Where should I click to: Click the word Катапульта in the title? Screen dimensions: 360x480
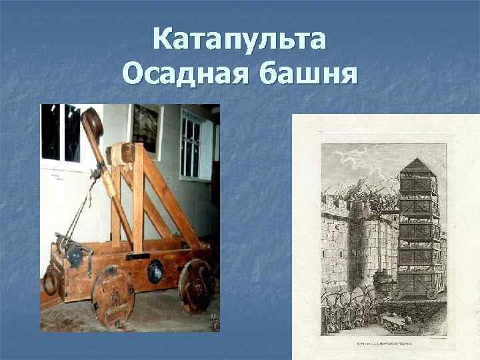tap(239, 41)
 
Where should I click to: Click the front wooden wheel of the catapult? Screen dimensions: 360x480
tap(113, 296)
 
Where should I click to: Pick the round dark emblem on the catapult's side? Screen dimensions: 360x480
tap(155, 271)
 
